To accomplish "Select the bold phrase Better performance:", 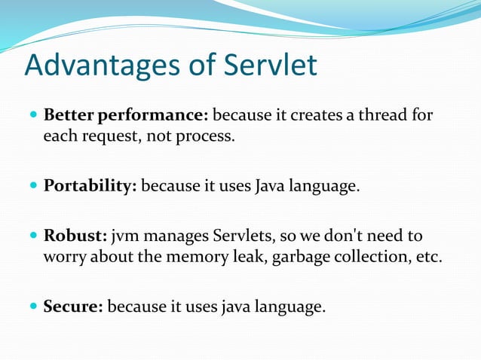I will [x=126, y=117].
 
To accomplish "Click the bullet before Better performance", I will [x=32, y=117].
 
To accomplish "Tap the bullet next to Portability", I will [x=32, y=186].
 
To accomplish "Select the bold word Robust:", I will [x=75, y=236].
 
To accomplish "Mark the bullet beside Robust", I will [x=32, y=236].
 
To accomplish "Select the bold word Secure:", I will [x=74, y=307].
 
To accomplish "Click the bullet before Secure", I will [x=32, y=307].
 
